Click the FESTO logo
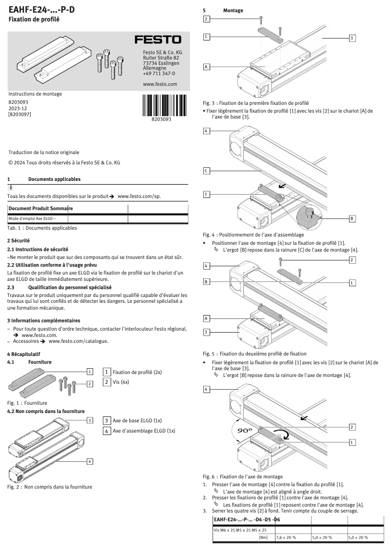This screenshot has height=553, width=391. point(157,39)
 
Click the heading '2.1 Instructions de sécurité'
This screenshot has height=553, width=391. point(38,249)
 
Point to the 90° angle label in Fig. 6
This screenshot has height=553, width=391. point(244,431)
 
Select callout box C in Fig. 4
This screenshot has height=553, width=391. point(207,171)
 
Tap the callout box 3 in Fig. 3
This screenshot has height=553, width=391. point(352,38)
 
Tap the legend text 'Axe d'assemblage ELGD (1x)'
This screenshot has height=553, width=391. point(144,431)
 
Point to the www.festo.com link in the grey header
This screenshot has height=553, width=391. point(160,84)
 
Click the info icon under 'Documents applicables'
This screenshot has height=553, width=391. point(11,188)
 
